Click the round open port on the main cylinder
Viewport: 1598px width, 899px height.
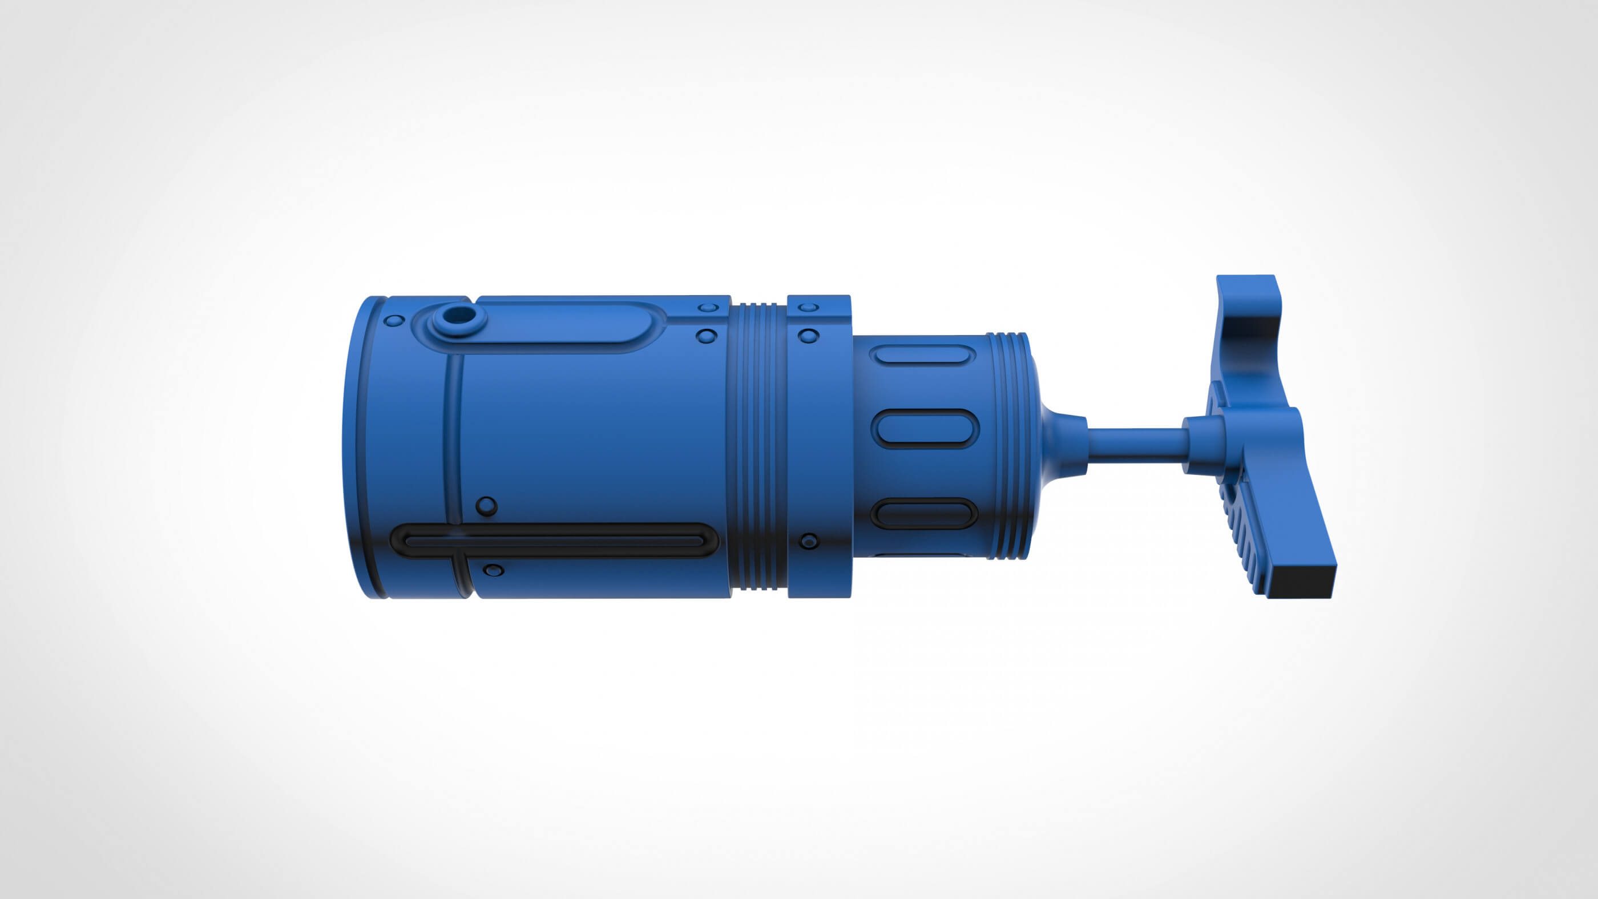pos(459,318)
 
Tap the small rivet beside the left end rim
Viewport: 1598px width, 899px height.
pos(394,321)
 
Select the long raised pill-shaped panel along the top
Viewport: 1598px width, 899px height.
pos(558,323)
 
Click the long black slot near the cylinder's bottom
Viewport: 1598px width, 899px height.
pos(554,540)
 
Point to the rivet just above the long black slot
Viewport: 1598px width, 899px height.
pos(486,506)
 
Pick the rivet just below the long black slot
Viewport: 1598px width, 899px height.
pos(493,570)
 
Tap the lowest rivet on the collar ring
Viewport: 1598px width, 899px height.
pos(808,541)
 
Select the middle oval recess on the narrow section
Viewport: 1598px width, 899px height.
pos(925,429)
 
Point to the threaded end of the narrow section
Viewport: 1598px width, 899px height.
pos(1008,447)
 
